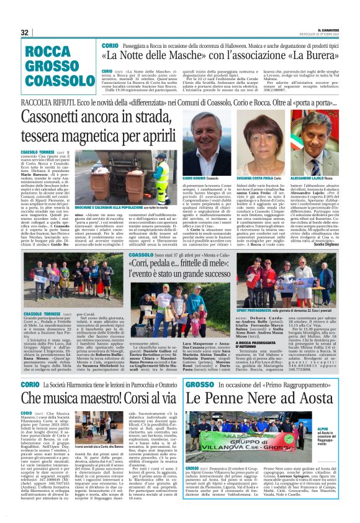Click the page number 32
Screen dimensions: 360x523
pos(25,32)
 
